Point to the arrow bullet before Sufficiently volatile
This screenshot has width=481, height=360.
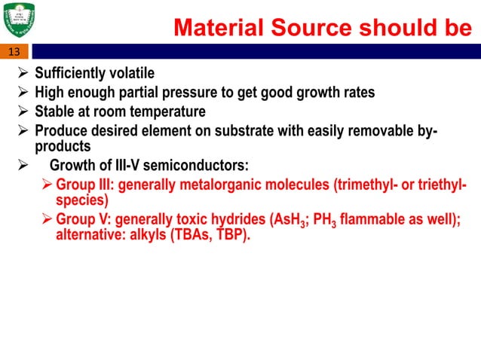[21, 73]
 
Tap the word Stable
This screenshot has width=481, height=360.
[55, 112]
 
